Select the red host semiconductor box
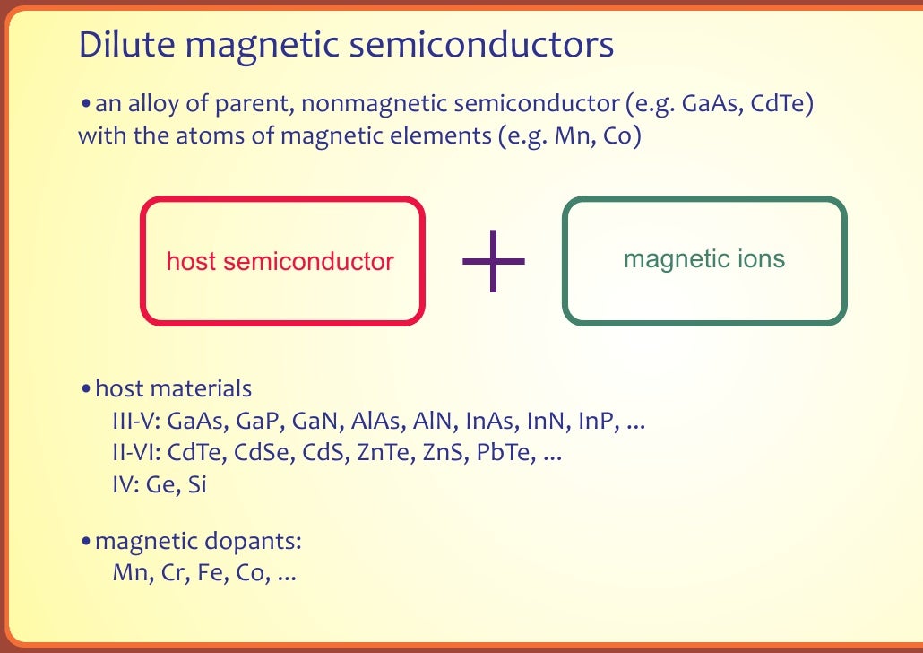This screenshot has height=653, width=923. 281,260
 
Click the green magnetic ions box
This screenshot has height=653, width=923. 704,260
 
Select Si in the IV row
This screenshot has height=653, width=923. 198,484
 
